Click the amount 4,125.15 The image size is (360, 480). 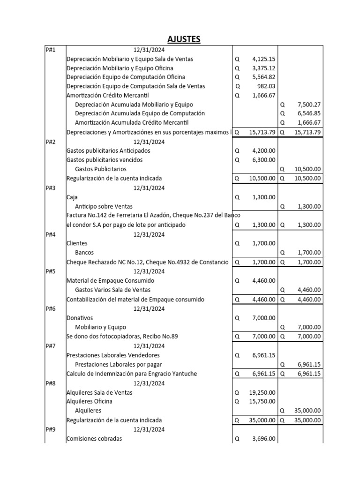coord(263,59)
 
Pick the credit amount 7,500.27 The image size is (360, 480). coord(309,105)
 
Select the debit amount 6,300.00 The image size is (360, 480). coord(263,160)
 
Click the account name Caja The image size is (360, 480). coord(72,197)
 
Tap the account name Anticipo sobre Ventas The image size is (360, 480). coord(104,206)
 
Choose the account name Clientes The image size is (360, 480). coord(77,243)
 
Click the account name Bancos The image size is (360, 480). coord(84,253)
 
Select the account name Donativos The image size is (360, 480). coord(80,318)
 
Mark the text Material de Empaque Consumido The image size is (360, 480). coord(111,281)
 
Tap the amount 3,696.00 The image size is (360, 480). coord(263,439)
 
